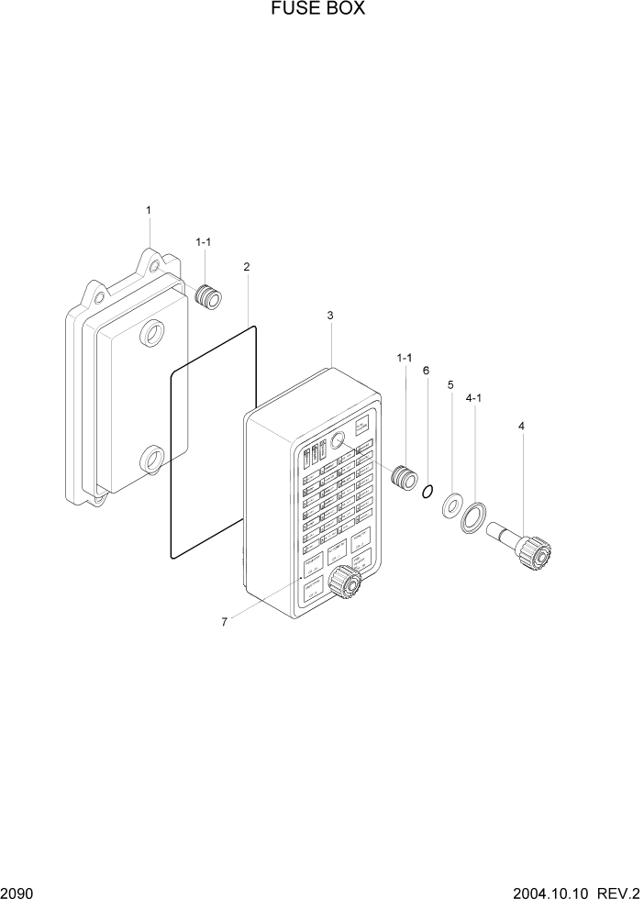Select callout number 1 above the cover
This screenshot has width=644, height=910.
pos(149,210)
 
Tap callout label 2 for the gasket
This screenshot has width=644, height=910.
pos(247,267)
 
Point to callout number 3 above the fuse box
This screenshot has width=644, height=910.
pos(330,316)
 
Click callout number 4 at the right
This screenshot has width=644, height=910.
pos(521,426)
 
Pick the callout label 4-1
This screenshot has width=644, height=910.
pos(475,399)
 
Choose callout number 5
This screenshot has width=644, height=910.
pos(450,385)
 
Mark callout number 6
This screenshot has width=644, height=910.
pos(426,371)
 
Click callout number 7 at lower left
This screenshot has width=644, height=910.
pos(224,622)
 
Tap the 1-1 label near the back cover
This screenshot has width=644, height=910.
pos(204,241)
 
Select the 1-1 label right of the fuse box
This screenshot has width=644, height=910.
pos(404,358)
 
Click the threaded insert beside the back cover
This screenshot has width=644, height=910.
pos(209,296)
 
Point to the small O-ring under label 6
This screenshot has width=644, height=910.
pos(427,493)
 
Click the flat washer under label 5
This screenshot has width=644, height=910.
pos(451,505)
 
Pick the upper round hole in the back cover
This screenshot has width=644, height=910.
pos(152,334)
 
